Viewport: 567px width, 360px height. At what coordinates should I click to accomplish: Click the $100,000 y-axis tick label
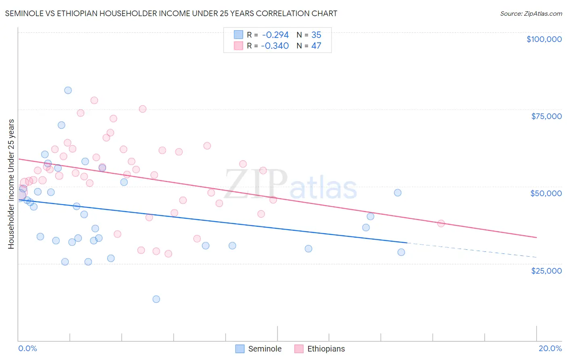544,39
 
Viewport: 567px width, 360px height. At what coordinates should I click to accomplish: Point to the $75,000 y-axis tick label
546,116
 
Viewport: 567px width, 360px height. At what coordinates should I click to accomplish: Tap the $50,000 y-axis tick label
546,193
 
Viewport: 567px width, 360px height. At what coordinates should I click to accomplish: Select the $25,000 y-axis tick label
546,271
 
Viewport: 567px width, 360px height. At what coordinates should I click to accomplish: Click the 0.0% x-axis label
27,348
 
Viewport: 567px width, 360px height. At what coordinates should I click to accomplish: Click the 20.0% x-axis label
550,348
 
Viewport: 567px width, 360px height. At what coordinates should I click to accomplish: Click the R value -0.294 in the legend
275,35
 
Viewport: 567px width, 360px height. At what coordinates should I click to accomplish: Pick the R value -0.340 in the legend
275,46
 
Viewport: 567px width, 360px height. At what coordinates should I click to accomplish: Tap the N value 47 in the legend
316,46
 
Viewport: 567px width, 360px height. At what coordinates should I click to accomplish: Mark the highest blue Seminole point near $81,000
68,90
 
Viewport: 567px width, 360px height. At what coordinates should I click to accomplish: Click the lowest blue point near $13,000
156,299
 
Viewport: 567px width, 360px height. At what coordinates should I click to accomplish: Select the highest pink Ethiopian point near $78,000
94,100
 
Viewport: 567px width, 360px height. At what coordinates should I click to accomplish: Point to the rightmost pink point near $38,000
441,224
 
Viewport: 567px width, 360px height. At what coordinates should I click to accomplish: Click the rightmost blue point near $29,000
401,252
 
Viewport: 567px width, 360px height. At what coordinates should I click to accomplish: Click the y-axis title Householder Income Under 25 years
11,184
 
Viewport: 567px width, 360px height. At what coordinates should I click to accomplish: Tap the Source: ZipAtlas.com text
531,14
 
